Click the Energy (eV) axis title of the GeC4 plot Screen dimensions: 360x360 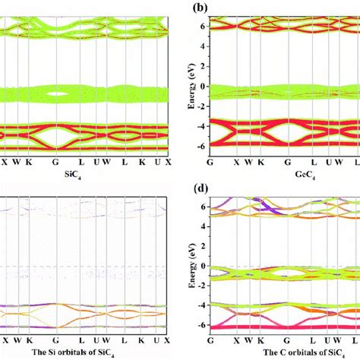click(x=191, y=83)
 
